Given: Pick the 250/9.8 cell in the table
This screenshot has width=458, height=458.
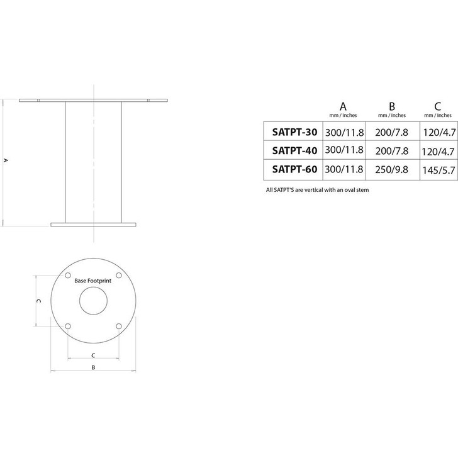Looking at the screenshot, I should click(391, 169).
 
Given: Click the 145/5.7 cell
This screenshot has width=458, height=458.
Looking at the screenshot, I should click(438, 169).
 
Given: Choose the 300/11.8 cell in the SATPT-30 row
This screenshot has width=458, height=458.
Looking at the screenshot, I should click(345, 133).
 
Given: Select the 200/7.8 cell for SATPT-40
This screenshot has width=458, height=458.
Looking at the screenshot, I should click(391, 150).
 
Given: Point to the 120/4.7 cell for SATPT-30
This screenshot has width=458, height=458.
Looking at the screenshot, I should click(438, 133).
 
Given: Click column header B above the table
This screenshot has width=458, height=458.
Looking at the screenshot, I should click(391, 106).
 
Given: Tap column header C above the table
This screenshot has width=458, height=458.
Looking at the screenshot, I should click(438, 106).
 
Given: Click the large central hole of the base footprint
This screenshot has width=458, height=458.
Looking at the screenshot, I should click(92, 300).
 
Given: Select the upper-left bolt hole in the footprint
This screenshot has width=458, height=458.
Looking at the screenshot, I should click(68, 276).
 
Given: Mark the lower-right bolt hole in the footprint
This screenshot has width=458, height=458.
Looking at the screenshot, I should click(118, 325).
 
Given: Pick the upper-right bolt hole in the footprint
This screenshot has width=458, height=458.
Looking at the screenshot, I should click(118, 276).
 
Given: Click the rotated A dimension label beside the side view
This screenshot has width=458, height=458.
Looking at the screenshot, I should click(6, 160).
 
